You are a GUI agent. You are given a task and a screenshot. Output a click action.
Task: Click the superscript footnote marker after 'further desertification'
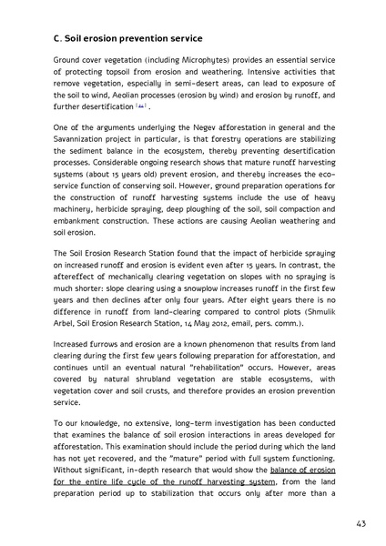pos(141,105)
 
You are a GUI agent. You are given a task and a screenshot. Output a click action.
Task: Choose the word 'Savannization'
pos(89,142)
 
